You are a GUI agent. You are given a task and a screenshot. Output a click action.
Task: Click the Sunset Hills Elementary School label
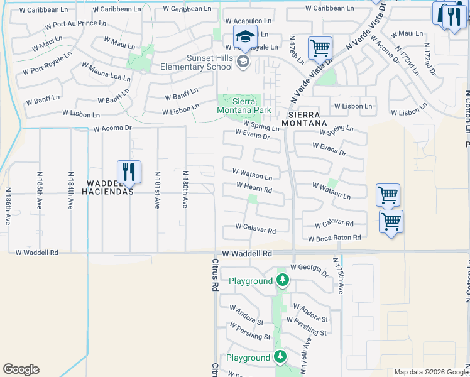click(198, 62)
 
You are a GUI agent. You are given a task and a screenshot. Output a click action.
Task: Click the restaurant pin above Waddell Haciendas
click(128, 172)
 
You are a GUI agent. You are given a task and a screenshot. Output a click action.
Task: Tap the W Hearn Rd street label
click(254, 188)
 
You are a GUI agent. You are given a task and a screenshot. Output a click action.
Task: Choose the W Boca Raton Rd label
click(334, 238)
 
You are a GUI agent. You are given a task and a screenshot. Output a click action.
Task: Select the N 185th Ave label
click(40, 190)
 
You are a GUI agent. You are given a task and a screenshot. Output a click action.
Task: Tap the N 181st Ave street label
click(157, 190)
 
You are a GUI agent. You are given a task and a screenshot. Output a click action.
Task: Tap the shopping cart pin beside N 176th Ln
click(320, 48)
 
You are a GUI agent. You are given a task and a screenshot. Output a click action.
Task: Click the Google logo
click(21, 369)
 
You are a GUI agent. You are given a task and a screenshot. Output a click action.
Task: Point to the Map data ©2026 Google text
click(430, 372)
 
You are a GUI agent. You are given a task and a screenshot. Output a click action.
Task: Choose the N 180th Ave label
click(185, 190)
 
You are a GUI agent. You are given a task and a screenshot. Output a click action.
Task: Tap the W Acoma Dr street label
click(112, 128)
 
